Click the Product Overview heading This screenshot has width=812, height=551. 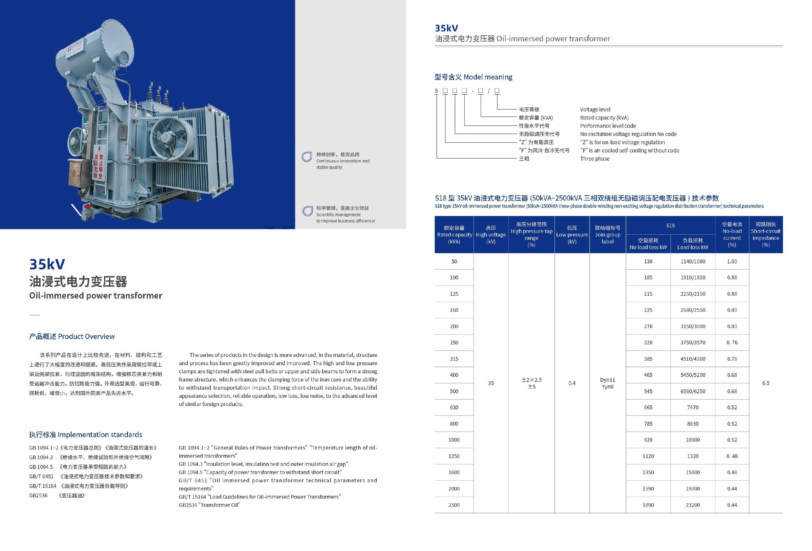pyautogui.click(x=72, y=336)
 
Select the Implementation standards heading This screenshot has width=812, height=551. pyautogui.click(x=86, y=435)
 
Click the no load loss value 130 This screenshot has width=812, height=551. pyautogui.click(x=648, y=261)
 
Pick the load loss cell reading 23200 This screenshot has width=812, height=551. pyautogui.click(x=693, y=505)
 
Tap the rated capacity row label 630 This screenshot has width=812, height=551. pyautogui.click(x=454, y=407)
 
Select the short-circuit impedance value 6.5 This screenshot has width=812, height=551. pyautogui.click(x=766, y=383)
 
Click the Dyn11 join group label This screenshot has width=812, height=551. pyautogui.click(x=607, y=380)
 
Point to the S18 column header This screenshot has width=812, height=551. pyautogui.click(x=670, y=225)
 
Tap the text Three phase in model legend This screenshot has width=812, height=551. pyautogui.click(x=595, y=159)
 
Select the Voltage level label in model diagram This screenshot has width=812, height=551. pyautogui.click(x=595, y=109)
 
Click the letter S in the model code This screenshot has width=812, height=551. pyautogui.click(x=436, y=91)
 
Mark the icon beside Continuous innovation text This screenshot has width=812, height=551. pyautogui.click(x=307, y=157)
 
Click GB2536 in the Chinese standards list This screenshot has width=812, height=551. pyautogui.click(x=38, y=495)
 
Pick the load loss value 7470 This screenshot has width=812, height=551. pyautogui.click(x=693, y=407)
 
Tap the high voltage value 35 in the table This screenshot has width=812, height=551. pyautogui.click(x=491, y=383)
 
